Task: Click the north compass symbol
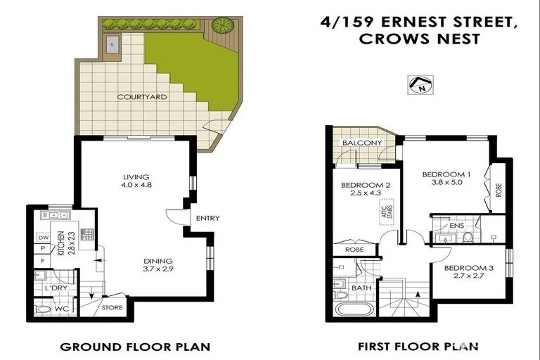click(420, 84)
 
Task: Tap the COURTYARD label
click(142, 97)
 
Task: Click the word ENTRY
click(207, 218)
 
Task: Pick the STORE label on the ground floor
click(112, 307)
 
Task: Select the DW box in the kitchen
click(43, 238)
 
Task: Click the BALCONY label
click(362, 143)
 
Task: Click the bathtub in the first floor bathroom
click(354, 310)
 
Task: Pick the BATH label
click(361, 288)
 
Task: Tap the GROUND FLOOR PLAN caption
click(135, 347)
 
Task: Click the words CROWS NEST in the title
click(420, 39)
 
